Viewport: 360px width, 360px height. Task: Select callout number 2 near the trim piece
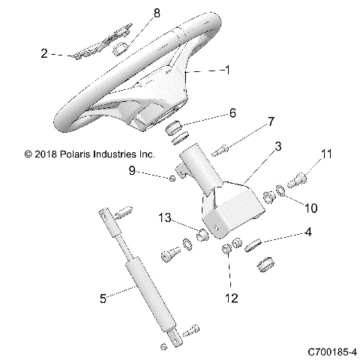[44, 53]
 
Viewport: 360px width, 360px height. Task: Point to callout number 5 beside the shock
[103, 299]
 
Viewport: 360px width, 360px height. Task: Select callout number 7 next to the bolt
[271, 121]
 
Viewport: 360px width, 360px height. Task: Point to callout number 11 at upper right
[325, 154]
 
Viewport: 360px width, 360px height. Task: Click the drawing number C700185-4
[332, 350]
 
